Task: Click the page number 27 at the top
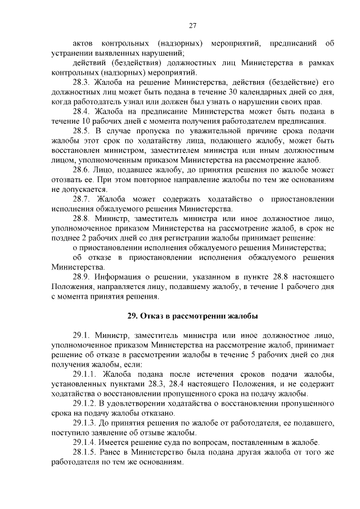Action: [193, 26]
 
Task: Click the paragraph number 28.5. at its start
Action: [83, 131]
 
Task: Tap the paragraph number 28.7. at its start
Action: [83, 199]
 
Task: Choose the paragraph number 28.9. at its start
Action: [83, 277]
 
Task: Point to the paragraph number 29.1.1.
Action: [87, 374]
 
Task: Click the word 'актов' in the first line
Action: [84, 43]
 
